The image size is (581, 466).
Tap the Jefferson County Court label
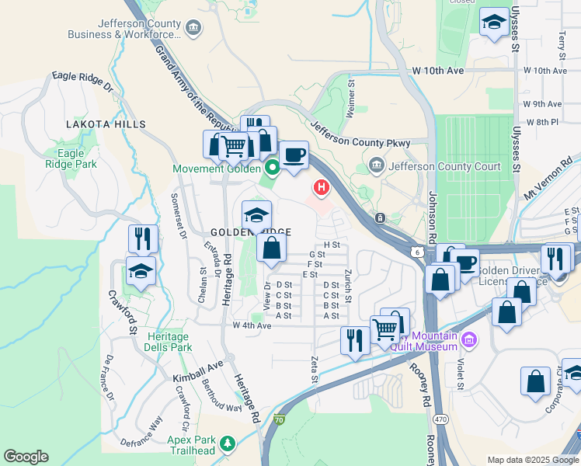pos(444,165)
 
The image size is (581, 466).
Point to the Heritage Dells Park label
pos(167,342)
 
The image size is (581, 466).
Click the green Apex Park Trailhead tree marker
pos(228,444)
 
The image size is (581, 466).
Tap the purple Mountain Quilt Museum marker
pos(468,339)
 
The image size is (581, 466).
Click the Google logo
pos(26,457)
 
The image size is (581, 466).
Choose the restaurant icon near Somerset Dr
pos(143,238)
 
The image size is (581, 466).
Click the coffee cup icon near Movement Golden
pos(294,155)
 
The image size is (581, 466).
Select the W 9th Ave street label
pos(542,103)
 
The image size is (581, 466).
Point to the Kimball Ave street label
pos(197,371)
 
